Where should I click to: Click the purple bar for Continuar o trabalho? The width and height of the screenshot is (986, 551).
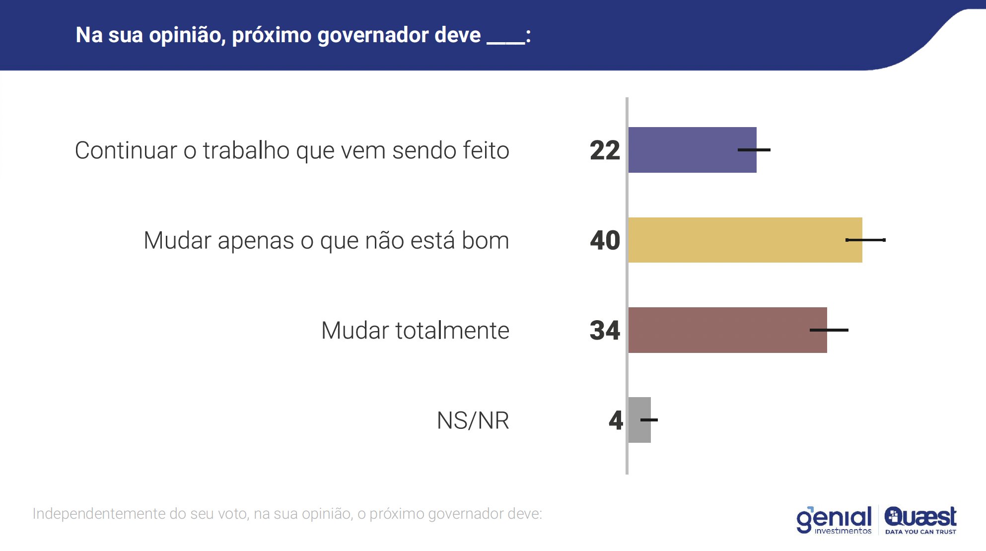[692, 150]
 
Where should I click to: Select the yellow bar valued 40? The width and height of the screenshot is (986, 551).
[745, 240]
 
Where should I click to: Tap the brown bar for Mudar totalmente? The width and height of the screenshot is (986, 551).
[727, 330]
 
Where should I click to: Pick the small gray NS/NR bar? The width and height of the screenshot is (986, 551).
[639, 420]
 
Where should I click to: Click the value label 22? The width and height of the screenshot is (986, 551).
[605, 150]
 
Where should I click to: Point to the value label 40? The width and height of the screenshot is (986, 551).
[605, 240]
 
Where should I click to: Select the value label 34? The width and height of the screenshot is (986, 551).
[605, 331]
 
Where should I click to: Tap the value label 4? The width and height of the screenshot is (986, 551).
[616, 420]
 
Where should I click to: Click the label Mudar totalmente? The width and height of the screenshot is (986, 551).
[415, 331]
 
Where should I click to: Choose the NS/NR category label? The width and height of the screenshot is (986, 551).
[473, 420]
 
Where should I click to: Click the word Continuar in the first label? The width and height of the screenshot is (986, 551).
[125, 150]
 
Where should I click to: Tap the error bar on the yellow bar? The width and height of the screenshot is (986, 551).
[865, 240]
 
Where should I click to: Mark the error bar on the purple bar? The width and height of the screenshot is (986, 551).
[754, 150]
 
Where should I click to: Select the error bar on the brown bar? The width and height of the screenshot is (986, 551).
[829, 330]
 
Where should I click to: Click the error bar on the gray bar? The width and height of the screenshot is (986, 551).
[649, 420]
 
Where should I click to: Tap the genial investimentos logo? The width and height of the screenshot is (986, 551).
[834, 520]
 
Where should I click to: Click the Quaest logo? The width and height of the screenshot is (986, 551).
[920, 520]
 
